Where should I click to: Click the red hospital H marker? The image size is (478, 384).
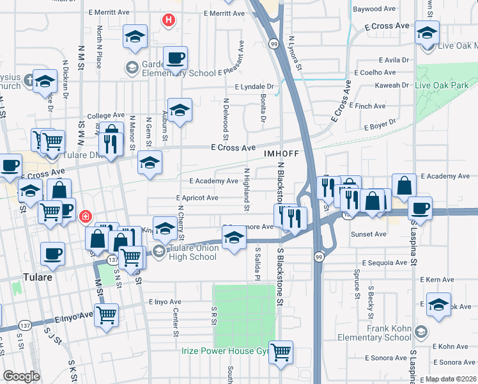click(x=168, y=20)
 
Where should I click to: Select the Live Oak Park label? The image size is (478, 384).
click(x=442, y=85)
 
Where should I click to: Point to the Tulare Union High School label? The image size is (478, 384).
click(x=194, y=253)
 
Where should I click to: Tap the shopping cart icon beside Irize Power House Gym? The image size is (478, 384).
click(x=281, y=352)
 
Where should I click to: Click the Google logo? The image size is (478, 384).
click(x=21, y=376)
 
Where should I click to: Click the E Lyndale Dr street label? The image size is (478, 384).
click(x=254, y=86)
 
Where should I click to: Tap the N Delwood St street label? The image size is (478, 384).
click(x=226, y=118)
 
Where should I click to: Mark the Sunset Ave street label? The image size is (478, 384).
click(x=369, y=234)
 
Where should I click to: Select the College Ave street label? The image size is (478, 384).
click(x=100, y=115)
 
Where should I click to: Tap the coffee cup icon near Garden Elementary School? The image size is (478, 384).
click(x=174, y=58)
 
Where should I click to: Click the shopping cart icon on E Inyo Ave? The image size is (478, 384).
click(x=106, y=314)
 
